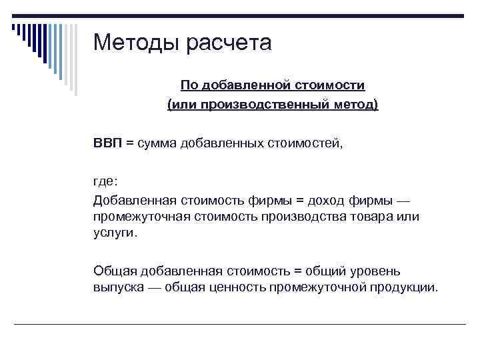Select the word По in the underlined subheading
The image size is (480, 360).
[x=189, y=85]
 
